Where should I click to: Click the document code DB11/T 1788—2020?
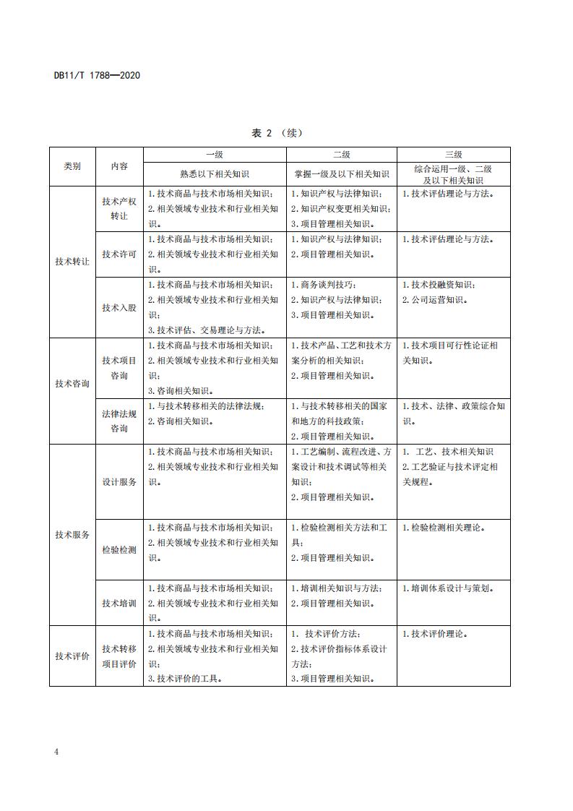[97, 74]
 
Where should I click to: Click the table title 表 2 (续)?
[277, 133]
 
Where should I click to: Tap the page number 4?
[56, 752]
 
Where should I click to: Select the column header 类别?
[72, 166]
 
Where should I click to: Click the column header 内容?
[119, 166]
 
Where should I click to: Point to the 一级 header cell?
[215, 155]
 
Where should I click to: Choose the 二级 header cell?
[341, 155]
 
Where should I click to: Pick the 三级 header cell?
[453, 155]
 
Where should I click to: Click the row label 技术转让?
[72, 262]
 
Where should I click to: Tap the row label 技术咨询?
[72, 384]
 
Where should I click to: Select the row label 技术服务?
[72, 535]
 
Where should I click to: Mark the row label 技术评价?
[72, 656]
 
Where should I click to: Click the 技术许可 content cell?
[119, 254]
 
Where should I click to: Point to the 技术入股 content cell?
[119, 307]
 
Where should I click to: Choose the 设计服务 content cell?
[119, 482]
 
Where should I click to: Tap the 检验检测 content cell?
[119, 550]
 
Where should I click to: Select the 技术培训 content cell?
[119, 604]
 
